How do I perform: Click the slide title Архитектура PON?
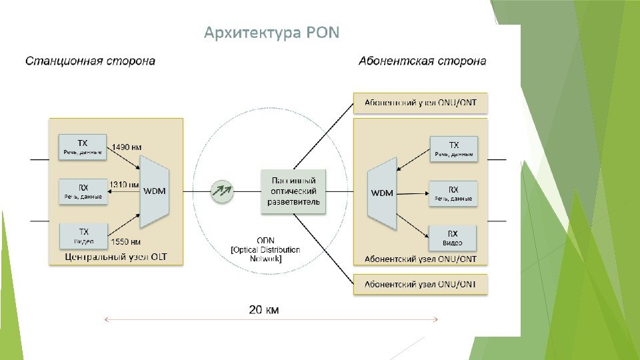pyautogui.click(x=271, y=33)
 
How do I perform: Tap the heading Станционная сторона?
pyautogui.click(x=90, y=61)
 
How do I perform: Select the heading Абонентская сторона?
pyautogui.click(x=422, y=61)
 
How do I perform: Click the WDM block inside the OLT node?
pyautogui.click(x=155, y=191)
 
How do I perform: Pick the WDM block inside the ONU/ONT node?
pyautogui.click(x=382, y=193)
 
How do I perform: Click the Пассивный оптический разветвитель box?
pyautogui.click(x=293, y=191)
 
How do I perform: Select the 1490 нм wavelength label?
pyautogui.click(x=127, y=147)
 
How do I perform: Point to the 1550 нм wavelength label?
pyautogui.click(x=127, y=241)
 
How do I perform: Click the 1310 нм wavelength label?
pyautogui.click(x=125, y=184)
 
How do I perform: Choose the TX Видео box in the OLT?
pyautogui.click(x=83, y=235)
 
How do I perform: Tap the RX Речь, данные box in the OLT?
pyautogui.click(x=83, y=191)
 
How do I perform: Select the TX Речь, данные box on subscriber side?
pyautogui.click(x=453, y=149)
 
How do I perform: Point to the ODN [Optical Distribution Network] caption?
pyautogui.click(x=265, y=249)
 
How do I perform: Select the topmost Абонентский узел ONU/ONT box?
pyautogui.click(x=420, y=103)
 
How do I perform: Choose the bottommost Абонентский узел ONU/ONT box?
pyautogui.click(x=420, y=285)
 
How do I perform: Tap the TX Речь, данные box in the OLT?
pyautogui.click(x=83, y=147)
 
